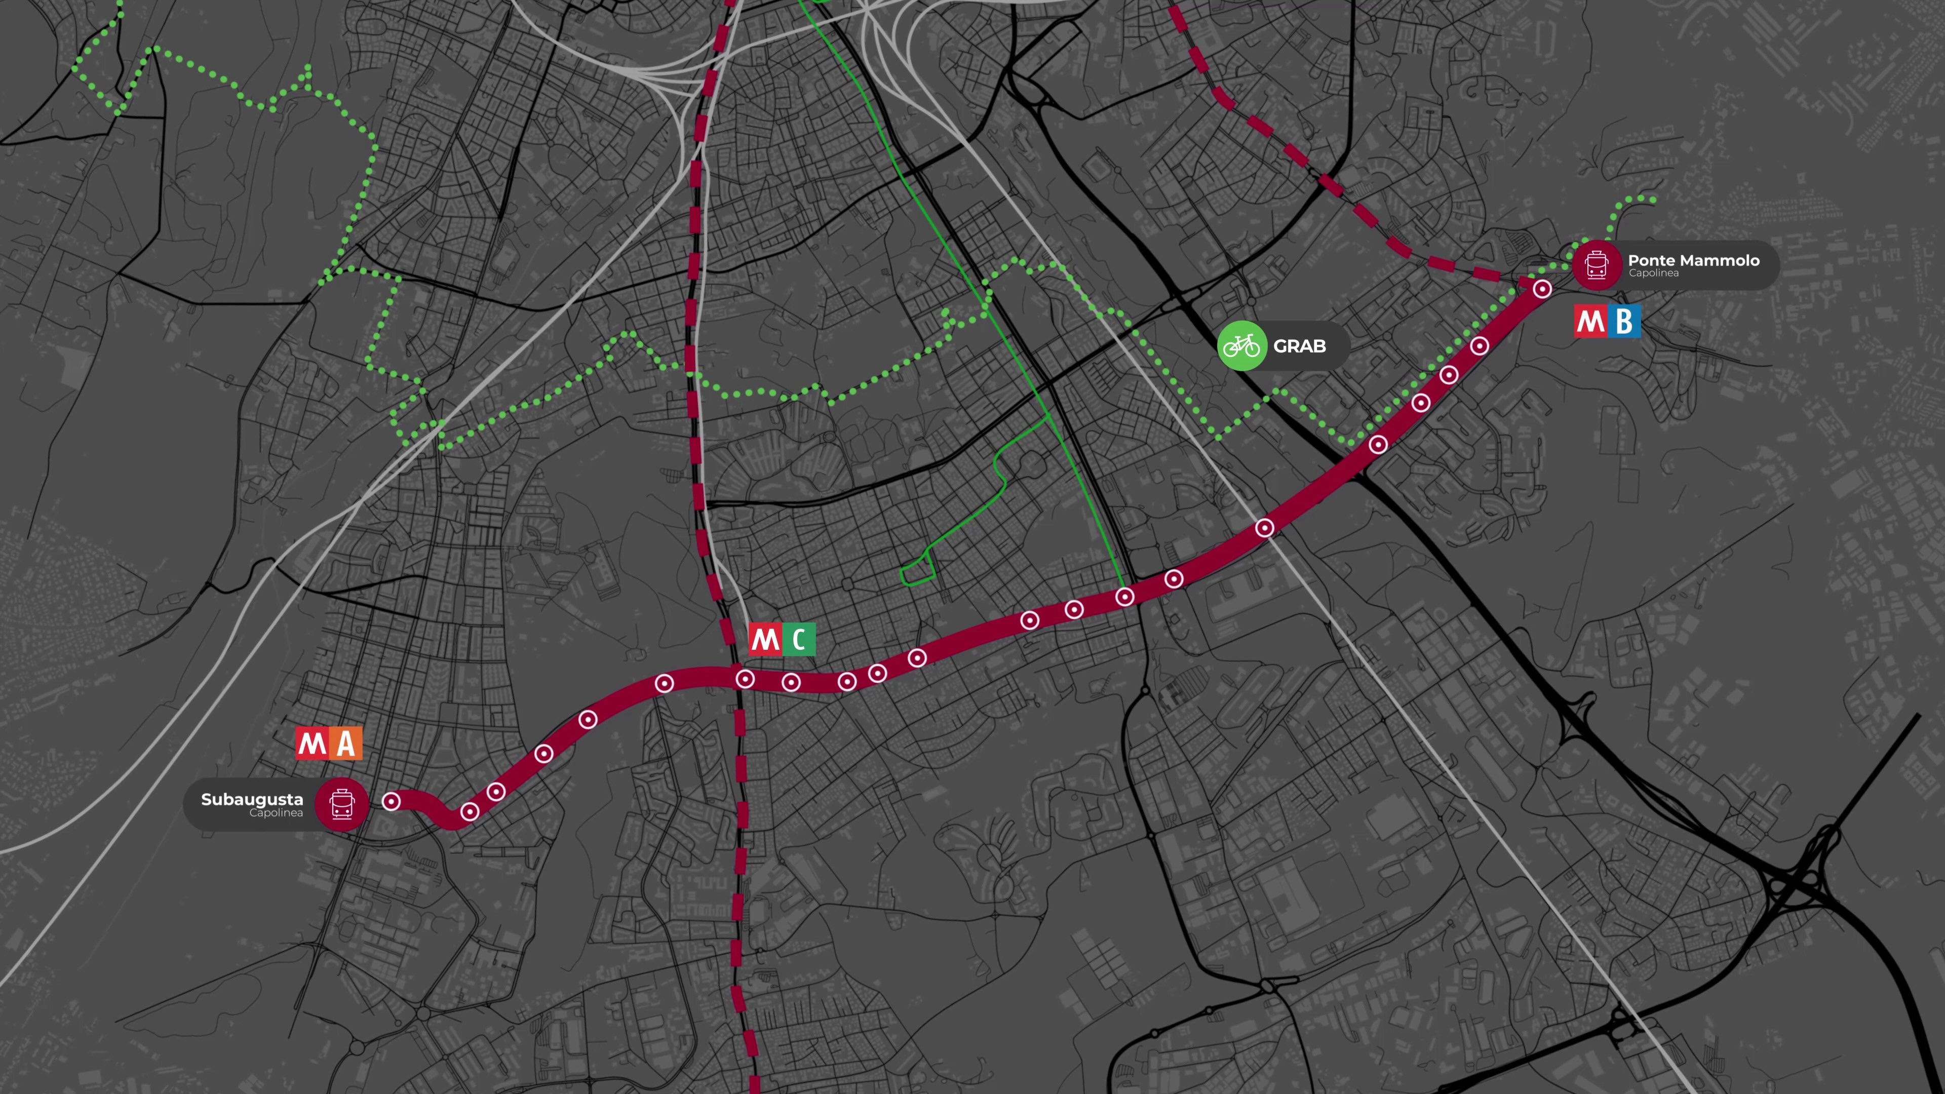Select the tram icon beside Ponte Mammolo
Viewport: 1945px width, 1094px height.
pyautogui.click(x=1596, y=265)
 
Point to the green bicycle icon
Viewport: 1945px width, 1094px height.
pyautogui.click(x=1241, y=346)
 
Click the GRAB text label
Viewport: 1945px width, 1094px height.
pyautogui.click(x=1299, y=346)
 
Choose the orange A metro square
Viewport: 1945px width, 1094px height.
pyautogui.click(x=346, y=744)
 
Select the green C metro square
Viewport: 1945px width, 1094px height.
pyautogui.click(x=798, y=640)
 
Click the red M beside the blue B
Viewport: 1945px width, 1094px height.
pyautogui.click(x=1590, y=322)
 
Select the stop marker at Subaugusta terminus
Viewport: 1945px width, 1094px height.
pyautogui.click(x=391, y=801)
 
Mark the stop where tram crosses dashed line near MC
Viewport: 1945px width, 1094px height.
pyautogui.click(x=745, y=679)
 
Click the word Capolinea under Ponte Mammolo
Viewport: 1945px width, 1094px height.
pyautogui.click(x=1654, y=273)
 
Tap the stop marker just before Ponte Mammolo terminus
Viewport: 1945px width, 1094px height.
pyautogui.click(x=1479, y=346)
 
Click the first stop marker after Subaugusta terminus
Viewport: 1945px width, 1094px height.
pyautogui.click(x=470, y=811)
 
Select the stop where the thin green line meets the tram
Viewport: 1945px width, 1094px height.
pyautogui.click(x=1124, y=597)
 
